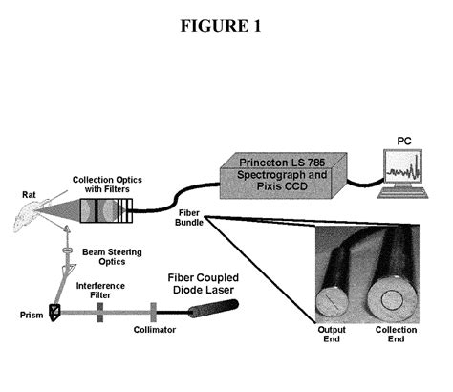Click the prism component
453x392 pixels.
[55, 311]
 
